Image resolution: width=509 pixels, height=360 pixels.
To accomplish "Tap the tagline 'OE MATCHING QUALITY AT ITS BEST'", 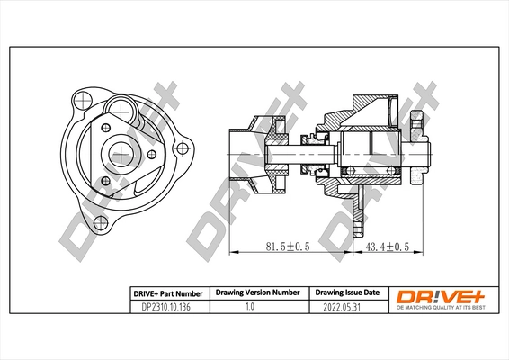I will coord(435,308).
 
